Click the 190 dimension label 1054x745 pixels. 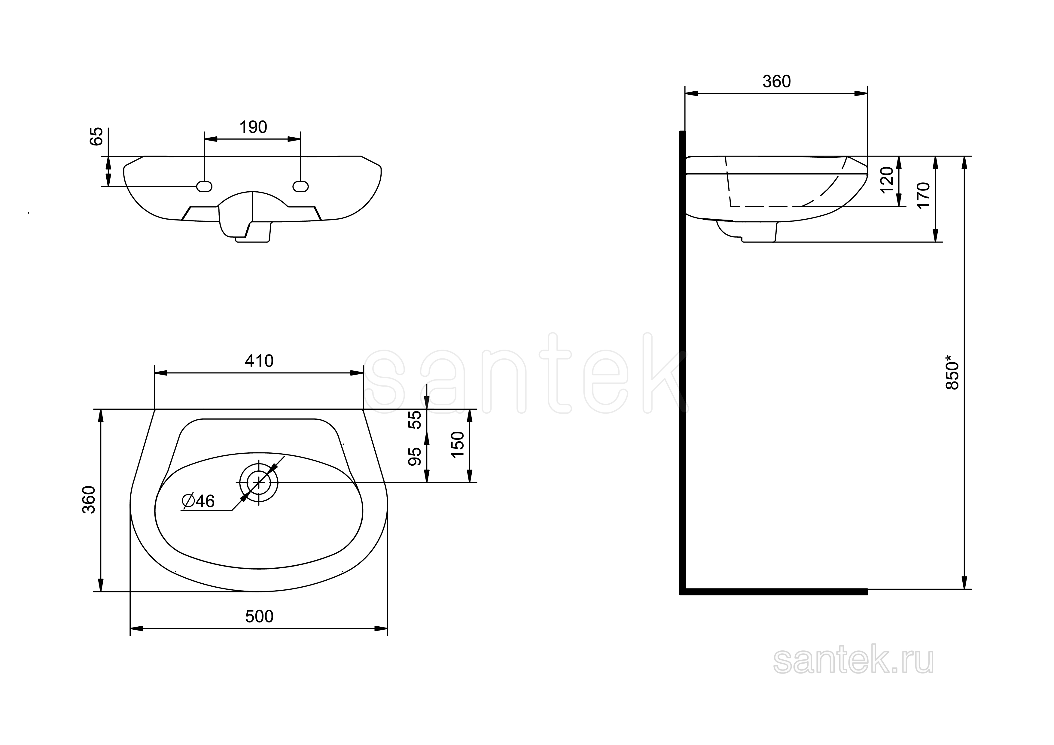point(253,127)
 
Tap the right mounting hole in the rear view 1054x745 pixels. point(301,186)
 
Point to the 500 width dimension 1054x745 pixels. point(259,616)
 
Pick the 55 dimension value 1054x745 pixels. point(415,420)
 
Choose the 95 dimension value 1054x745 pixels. point(415,456)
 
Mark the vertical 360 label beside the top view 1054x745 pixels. point(89,500)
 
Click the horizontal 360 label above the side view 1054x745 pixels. point(776,82)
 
